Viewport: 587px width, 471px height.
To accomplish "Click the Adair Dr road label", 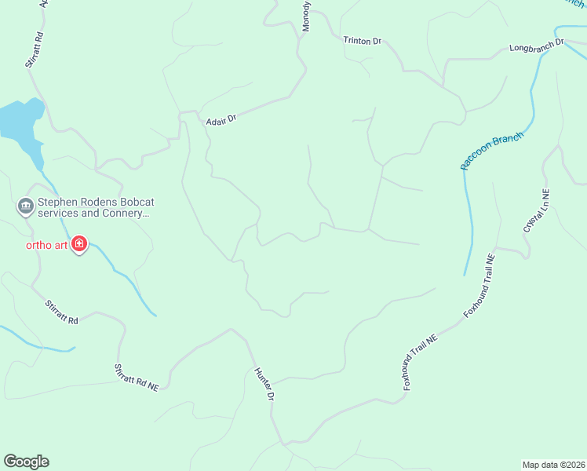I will pyautogui.click(x=221, y=118).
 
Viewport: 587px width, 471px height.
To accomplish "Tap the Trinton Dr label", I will pyautogui.click(x=361, y=39).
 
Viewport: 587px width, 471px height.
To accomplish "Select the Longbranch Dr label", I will pyautogui.click(x=537, y=46).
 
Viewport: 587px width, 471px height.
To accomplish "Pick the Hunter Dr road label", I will pyautogui.click(x=264, y=385).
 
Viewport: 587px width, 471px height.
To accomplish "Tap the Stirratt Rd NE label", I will pyautogui.click(x=137, y=377).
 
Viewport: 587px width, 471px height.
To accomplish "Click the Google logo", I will pyautogui.click(x=26, y=462).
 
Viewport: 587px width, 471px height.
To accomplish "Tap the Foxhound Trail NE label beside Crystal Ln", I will pyautogui.click(x=480, y=285).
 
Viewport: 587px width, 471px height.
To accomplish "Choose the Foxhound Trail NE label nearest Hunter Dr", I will pyautogui.click(x=420, y=361).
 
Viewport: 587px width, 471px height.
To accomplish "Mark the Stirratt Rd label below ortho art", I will pyautogui.click(x=62, y=312).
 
